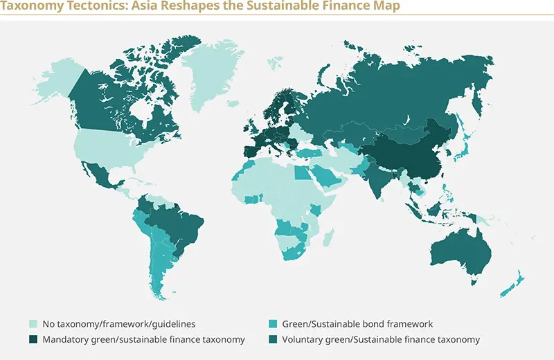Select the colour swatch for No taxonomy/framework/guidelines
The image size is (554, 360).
[33, 323]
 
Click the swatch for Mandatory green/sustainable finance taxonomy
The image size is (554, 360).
[33, 339]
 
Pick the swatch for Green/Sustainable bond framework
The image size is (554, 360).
[273, 323]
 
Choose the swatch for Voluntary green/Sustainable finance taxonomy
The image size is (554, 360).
[273, 339]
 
